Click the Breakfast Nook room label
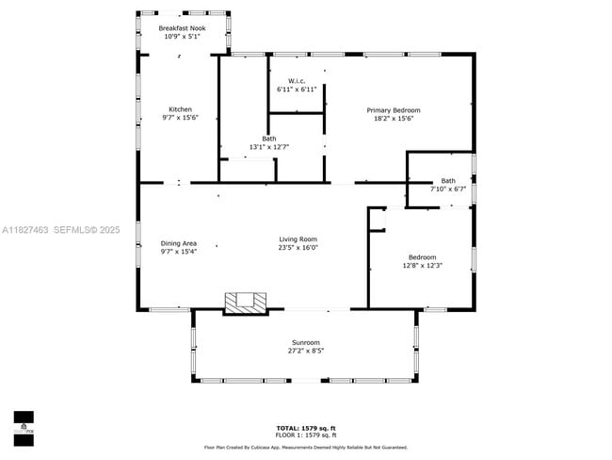point(182,29)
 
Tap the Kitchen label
point(180,109)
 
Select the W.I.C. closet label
point(298,80)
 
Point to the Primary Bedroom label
point(393,110)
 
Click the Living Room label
point(298,239)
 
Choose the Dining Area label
point(179,243)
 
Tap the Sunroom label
point(305,342)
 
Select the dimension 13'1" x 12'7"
point(268,147)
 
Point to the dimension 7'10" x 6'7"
point(448,189)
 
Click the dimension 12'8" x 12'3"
point(422,266)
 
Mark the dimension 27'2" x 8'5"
point(305,351)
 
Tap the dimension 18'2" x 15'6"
point(393,119)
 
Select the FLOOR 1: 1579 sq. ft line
point(305,435)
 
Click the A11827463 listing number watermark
point(25,229)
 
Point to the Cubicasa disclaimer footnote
point(305,447)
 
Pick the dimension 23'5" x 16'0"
point(298,248)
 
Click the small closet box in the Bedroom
point(378,219)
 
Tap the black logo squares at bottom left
point(24,427)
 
